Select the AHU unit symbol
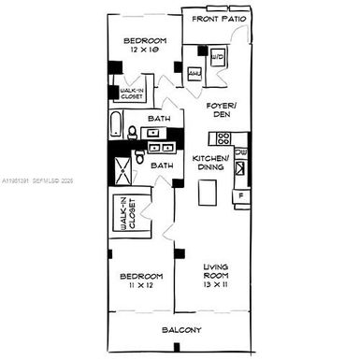[x=196, y=73]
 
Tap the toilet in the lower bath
[x=138, y=161]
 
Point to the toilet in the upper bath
[x=134, y=132]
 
